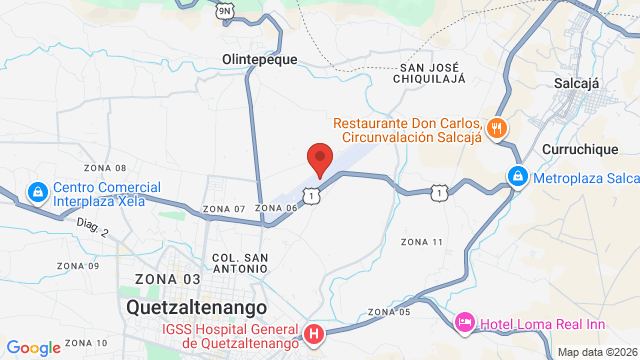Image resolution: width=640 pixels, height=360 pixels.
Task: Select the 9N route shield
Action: [x=225, y=10]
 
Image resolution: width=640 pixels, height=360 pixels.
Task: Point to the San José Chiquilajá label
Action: [x=436, y=75]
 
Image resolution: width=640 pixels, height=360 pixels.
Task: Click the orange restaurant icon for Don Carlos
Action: [x=497, y=127]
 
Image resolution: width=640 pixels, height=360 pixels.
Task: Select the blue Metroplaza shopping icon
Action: [x=517, y=178]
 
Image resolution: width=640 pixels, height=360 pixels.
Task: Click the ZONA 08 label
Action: [x=106, y=168]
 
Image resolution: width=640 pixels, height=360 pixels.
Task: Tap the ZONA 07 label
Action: [x=223, y=208]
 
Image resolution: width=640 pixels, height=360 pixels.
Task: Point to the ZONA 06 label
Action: [x=277, y=208]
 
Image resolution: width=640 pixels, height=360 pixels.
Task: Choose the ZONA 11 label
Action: [x=421, y=242]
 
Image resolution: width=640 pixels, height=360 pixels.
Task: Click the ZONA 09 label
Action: [x=78, y=266]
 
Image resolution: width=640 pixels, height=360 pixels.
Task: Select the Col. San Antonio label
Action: [x=240, y=263]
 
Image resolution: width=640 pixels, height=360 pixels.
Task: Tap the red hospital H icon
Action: [x=314, y=333]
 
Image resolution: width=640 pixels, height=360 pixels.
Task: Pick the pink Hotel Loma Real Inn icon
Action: [x=465, y=322]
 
